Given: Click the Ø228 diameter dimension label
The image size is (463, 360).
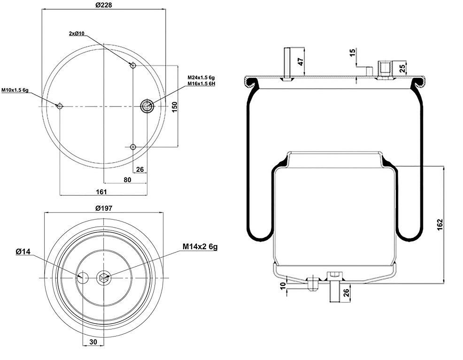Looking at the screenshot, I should point(104,5).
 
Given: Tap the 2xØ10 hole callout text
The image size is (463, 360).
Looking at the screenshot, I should point(76,34).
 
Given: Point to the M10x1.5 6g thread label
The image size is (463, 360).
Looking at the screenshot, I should point(15,90).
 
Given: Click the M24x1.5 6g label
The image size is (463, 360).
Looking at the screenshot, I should point(201,77).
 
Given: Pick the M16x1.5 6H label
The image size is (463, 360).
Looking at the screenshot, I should point(201,84).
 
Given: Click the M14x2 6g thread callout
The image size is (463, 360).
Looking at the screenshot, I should point(201,246).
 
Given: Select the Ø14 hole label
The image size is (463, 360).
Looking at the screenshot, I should point(23,252).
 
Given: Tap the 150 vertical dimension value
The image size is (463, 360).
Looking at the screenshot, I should point(174,107).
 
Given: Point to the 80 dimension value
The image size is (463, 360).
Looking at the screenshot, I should point(127,179).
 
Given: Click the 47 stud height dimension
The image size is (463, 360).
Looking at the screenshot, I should point(301,61).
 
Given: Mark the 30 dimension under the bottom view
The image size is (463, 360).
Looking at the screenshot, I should point(93,342).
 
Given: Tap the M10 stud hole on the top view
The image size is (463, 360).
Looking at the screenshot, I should point(60,106).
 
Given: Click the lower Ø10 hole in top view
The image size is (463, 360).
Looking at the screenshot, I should point(133,147).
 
